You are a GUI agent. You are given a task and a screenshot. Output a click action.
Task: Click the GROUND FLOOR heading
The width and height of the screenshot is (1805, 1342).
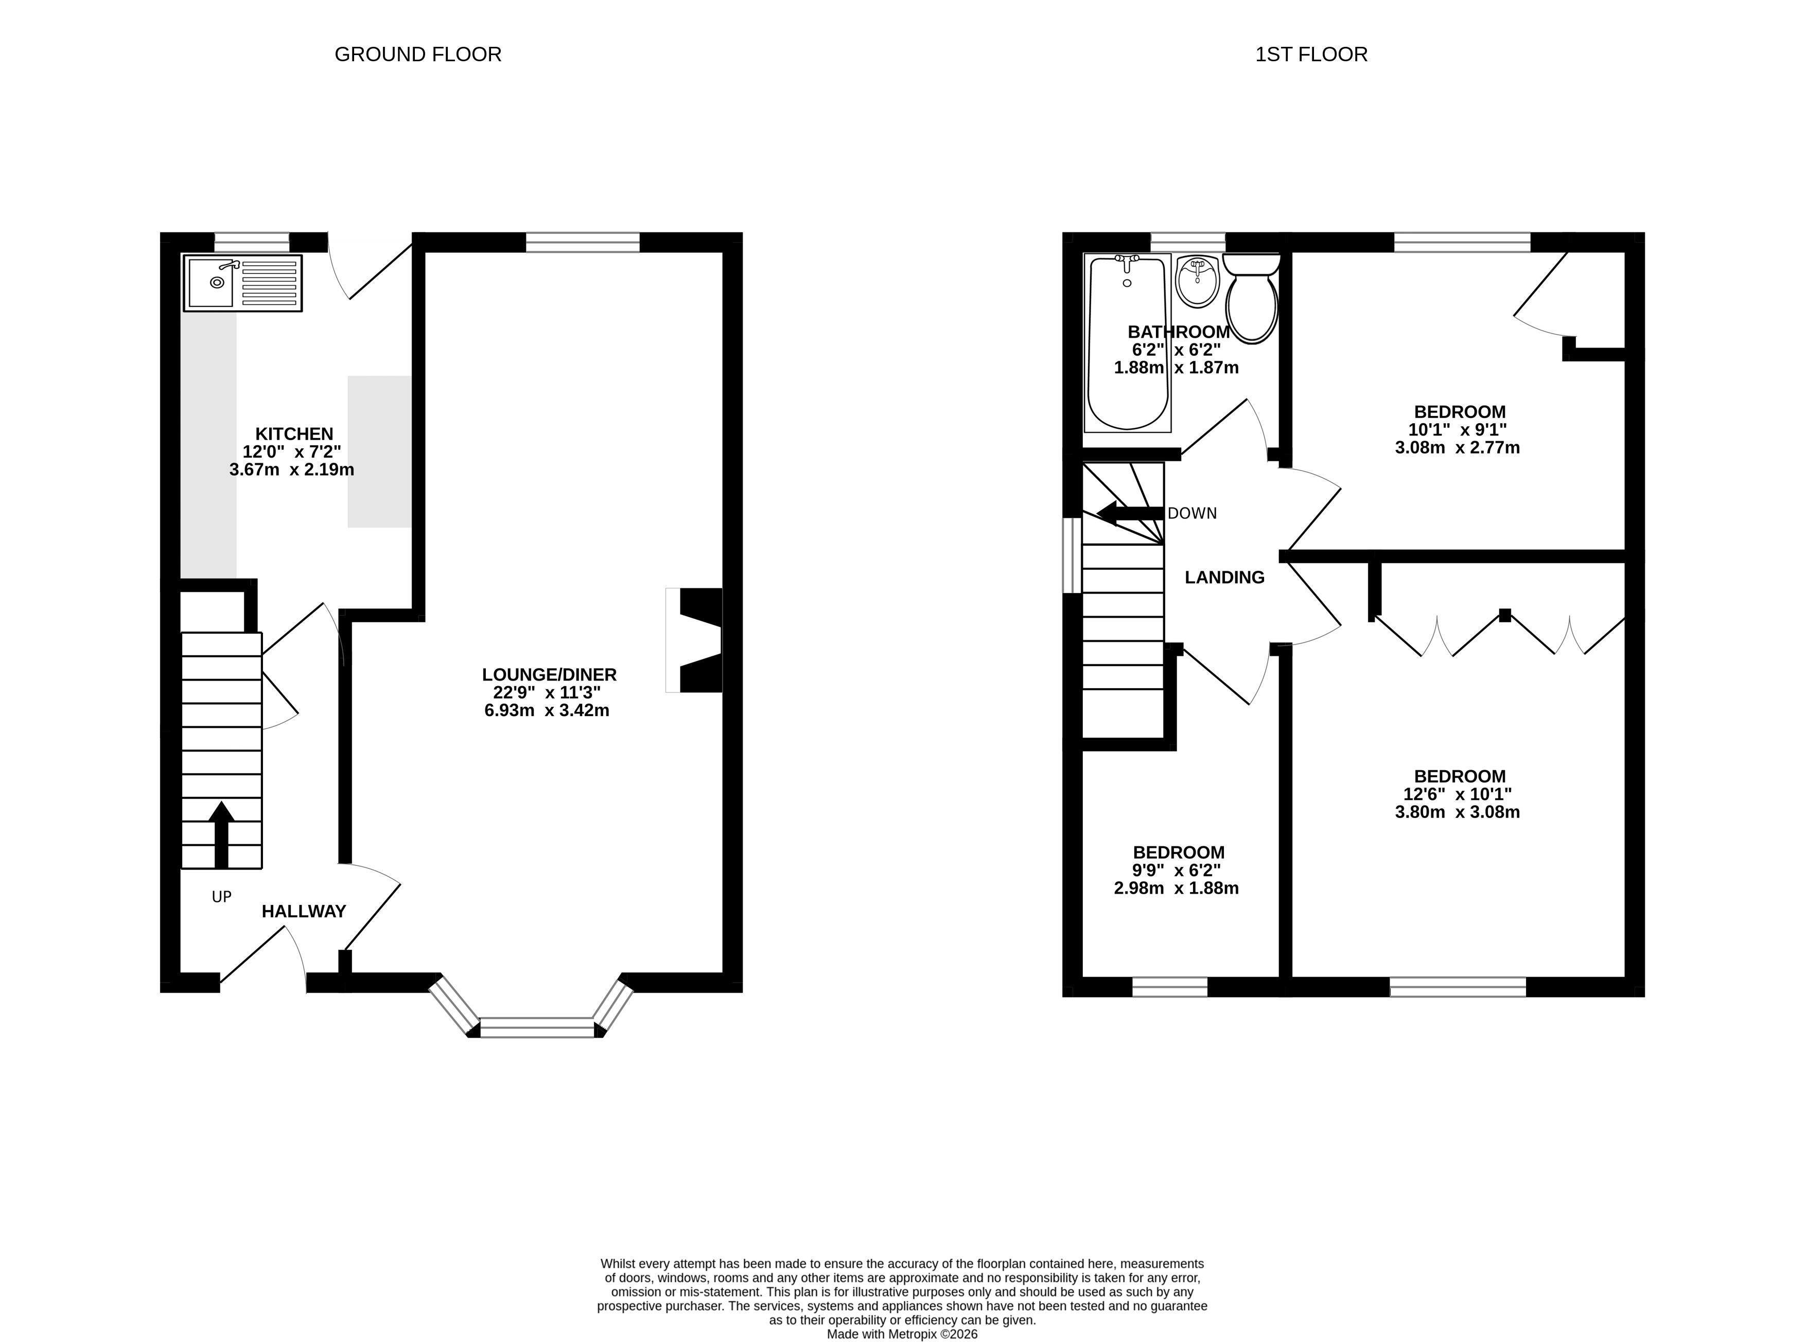coord(417,55)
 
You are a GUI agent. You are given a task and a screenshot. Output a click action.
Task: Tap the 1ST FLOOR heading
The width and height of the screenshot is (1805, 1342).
coord(1311,55)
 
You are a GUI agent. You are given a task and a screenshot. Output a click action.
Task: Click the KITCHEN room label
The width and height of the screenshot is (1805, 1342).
coord(294,434)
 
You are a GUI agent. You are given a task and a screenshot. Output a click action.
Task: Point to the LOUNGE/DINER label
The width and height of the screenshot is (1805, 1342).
coord(549,674)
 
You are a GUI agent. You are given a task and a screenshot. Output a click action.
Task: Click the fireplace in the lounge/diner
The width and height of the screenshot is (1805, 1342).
coord(694,640)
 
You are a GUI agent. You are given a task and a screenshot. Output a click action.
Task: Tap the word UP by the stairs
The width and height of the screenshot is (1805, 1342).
coord(222,897)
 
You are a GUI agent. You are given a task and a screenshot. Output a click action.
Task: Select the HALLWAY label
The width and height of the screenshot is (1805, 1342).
coord(304,912)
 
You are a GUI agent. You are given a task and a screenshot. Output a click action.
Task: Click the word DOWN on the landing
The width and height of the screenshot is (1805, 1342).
coord(1191,513)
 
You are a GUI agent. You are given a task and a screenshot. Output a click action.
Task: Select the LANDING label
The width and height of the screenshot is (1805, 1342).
coord(1224,578)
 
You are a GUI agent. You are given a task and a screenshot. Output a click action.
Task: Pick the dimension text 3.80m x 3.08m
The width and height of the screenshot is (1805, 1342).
coord(1457,812)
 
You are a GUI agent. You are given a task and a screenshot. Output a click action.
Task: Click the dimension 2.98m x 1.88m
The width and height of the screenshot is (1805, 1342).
coord(1176,888)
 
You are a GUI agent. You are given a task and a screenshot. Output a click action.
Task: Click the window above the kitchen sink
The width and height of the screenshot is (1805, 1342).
coord(252,242)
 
